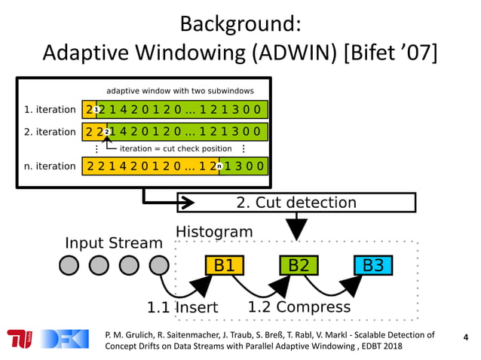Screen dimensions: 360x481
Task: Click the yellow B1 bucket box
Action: [x=225, y=265]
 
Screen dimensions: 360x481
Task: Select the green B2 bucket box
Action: [x=299, y=265]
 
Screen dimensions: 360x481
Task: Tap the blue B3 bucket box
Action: [x=373, y=265]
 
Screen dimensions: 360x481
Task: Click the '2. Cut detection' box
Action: [x=296, y=203]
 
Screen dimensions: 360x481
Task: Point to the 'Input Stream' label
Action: [x=114, y=243]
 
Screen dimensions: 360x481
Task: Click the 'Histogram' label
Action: [x=214, y=231]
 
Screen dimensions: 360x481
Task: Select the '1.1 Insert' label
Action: [x=182, y=307]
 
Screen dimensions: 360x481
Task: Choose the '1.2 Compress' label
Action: [x=299, y=307]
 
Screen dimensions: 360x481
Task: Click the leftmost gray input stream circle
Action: [x=69, y=265]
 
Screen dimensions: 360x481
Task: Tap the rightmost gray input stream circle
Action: [x=158, y=265]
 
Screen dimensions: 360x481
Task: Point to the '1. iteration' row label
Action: [x=51, y=109]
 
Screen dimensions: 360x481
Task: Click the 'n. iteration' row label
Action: [x=51, y=166]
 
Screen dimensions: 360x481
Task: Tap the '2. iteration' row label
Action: [x=51, y=132]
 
